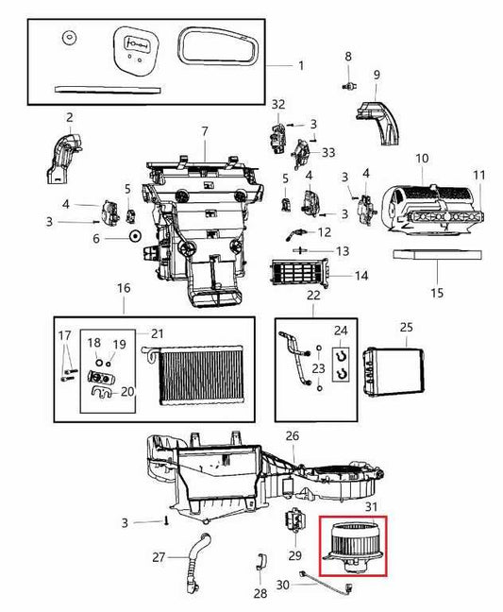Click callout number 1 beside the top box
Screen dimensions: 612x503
301,65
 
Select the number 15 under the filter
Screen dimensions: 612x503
437,293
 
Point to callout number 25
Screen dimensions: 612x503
407,327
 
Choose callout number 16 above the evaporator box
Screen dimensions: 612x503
124,287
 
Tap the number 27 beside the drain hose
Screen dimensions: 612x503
159,557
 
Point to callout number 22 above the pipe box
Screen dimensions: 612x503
313,296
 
